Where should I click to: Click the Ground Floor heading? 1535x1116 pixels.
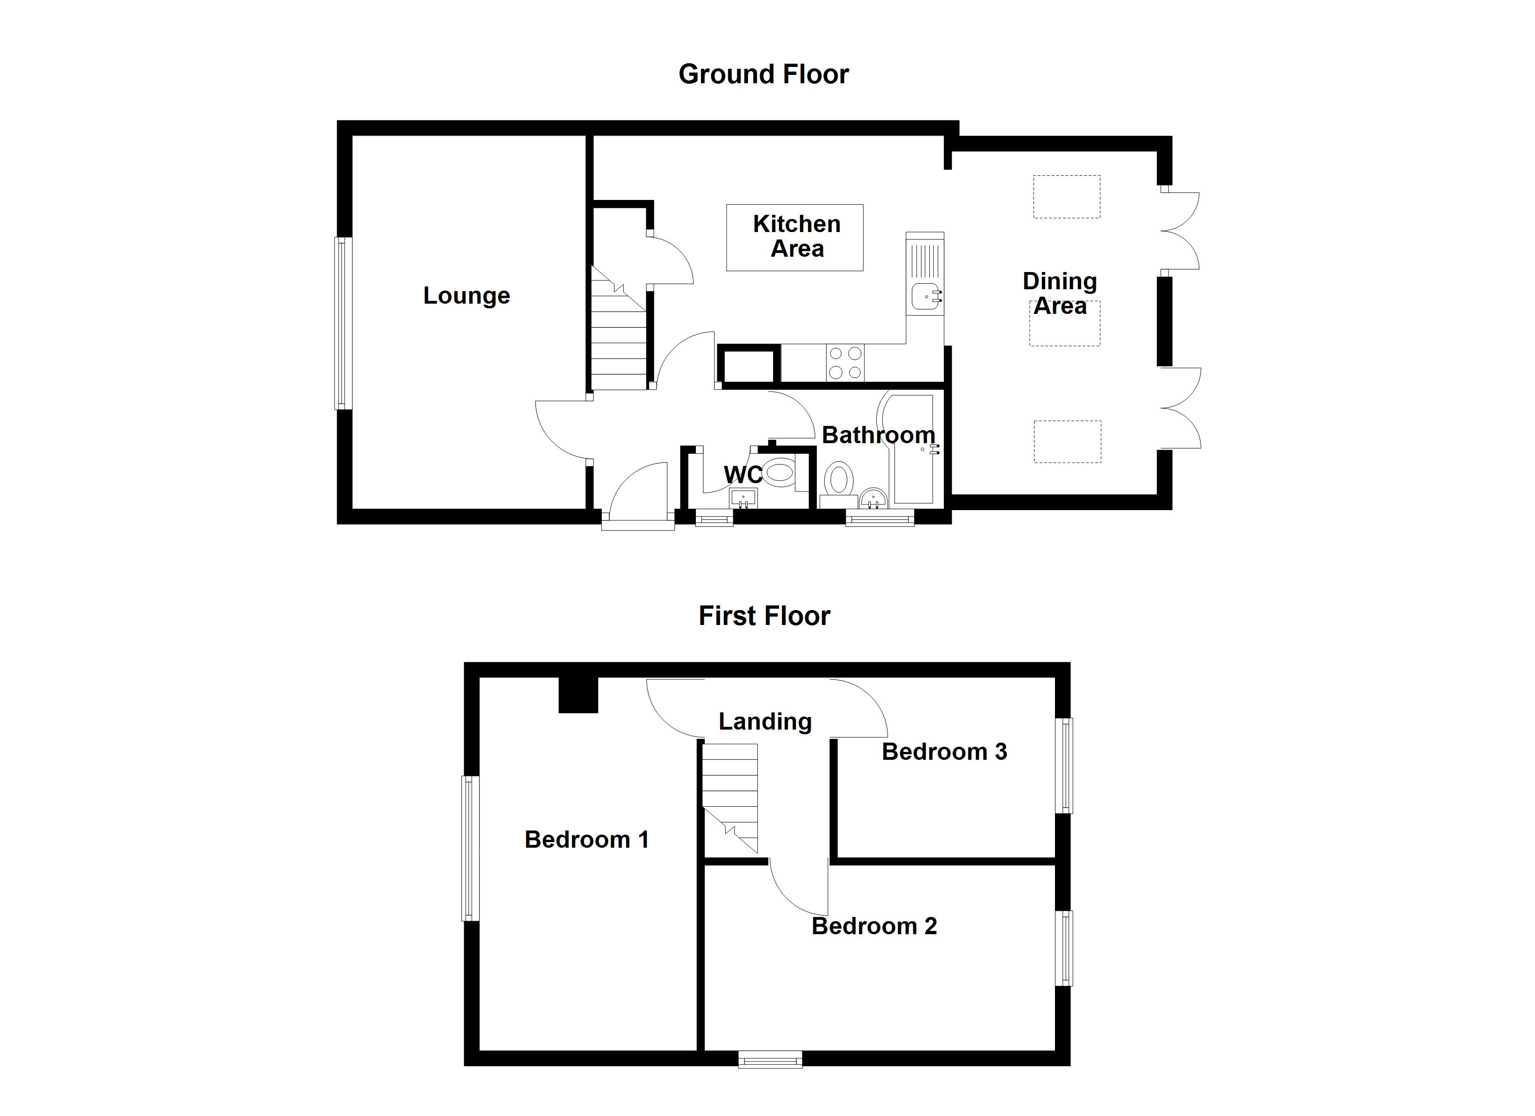[x=763, y=74]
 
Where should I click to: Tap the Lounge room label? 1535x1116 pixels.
[x=467, y=296]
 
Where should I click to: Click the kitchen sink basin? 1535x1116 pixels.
[x=925, y=296]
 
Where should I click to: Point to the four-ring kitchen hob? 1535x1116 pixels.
[x=845, y=363]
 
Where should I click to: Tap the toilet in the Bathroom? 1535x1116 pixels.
[x=839, y=479]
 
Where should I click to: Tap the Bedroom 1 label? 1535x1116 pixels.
[x=586, y=840]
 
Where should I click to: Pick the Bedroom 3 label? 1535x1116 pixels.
[x=944, y=752]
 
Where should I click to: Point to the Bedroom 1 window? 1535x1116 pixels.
[x=470, y=848]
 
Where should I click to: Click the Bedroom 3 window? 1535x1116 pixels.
[x=1065, y=765]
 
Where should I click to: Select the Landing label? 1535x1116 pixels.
[x=765, y=721]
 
